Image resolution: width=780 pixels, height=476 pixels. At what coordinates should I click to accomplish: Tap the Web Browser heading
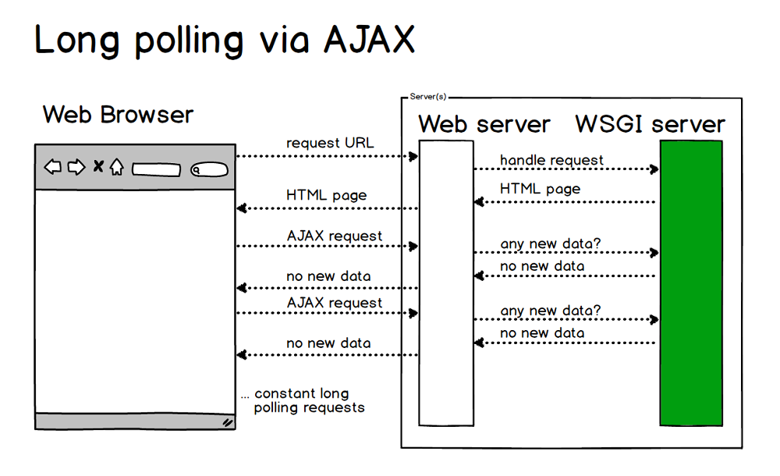(118, 115)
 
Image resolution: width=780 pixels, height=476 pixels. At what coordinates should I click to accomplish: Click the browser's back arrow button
(52, 166)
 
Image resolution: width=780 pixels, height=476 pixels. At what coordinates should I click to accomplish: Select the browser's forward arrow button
(76, 166)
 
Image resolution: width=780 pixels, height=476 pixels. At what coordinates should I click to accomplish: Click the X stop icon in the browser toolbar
(98, 166)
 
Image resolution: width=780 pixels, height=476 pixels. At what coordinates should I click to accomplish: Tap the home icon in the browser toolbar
(116, 166)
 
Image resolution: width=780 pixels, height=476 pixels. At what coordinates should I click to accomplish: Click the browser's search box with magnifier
(208, 169)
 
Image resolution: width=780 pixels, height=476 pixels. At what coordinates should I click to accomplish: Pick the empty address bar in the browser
(156, 169)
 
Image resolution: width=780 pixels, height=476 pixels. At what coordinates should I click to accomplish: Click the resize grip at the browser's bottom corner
(227, 422)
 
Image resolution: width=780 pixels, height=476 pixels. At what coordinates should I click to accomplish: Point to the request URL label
(330, 143)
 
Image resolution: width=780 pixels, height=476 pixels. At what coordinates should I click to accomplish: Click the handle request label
(551, 160)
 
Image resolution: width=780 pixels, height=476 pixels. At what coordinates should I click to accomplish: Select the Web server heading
(484, 125)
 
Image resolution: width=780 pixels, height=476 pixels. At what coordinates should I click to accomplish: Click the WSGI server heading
(650, 125)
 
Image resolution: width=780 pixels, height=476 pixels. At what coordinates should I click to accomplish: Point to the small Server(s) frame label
(427, 97)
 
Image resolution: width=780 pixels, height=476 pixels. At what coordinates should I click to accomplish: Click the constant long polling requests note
(304, 400)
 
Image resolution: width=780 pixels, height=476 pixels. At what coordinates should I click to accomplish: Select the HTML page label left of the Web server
(326, 195)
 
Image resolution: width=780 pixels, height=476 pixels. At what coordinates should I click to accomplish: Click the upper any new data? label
(551, 244)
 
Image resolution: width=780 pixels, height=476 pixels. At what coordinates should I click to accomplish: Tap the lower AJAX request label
(335, 303)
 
